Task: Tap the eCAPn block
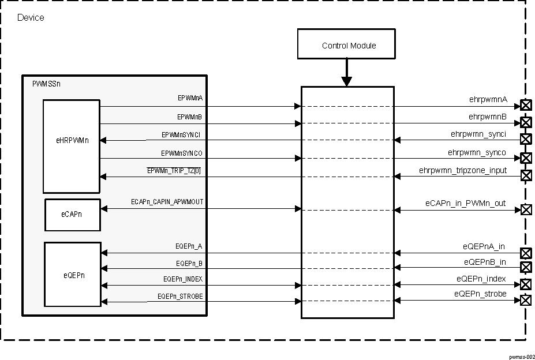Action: pyautogui.click(x=72, y=215)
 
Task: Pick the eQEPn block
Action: pyautogui.click(x=72, y=275)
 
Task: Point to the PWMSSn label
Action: pyautogui.click(x=46, y=84)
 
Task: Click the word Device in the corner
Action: pyautogui.click(x=31, y=18)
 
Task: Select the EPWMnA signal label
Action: pyautogui.click(x=190, y=99)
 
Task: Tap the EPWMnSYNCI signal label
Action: pyautogui.click(x=182, y=134)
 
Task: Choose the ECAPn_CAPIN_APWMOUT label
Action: pyautogui.click(x=167, y=201)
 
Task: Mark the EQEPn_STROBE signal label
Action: pyautogui.click(x=180, y=296)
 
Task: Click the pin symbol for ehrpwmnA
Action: pyautogui.click(x=526, y=105)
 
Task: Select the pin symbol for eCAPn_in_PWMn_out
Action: pyautogui.click(x=526, y=209)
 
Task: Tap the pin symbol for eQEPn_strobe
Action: pyautogui.click(x=526, y=300)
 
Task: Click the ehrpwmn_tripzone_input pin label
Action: pyautogui.click(x=463, y=170)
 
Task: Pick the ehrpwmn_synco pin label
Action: pyautogui.click(x=477, y=152)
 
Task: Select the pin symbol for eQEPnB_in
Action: pyautogui.click(x=526, y=267)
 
